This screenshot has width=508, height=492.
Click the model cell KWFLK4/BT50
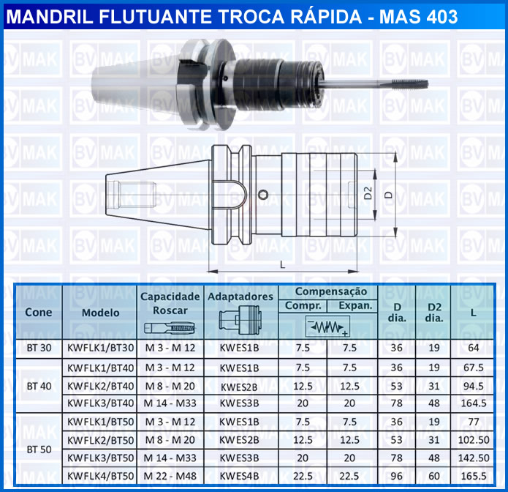(x=100, y=476)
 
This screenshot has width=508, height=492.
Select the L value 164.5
(x=474, y=403)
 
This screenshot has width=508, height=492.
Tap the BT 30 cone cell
(x=39, y=348)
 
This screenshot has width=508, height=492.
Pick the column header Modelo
(x=100, y=313)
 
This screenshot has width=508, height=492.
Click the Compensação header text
(x=331, y=291)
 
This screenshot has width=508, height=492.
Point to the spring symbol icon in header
(x=328, y=326)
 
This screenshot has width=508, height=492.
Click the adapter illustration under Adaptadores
(x=240, y=321)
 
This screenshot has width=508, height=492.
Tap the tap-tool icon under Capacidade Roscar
(x=170, y=328)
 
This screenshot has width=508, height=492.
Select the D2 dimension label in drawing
(x=368, y=193)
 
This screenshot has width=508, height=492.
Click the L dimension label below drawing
(x=283, y=265)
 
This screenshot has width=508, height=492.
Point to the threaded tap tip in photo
(x=411, y=84)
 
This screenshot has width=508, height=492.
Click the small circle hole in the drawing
(x=263, y=195)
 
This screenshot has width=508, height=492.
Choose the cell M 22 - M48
(x=170, y=476)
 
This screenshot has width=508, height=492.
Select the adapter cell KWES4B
(x=240, y=476)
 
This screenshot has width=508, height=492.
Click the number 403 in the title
(x=442, y=17)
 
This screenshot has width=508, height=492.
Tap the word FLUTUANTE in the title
(x=155, y=17)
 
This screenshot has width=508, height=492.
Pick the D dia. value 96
(x=396, y=476)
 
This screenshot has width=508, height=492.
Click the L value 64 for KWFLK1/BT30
(x=474, y=348)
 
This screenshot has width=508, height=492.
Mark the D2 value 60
(x=433, y=476)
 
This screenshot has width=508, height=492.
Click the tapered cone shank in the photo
(x=136, y=86)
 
